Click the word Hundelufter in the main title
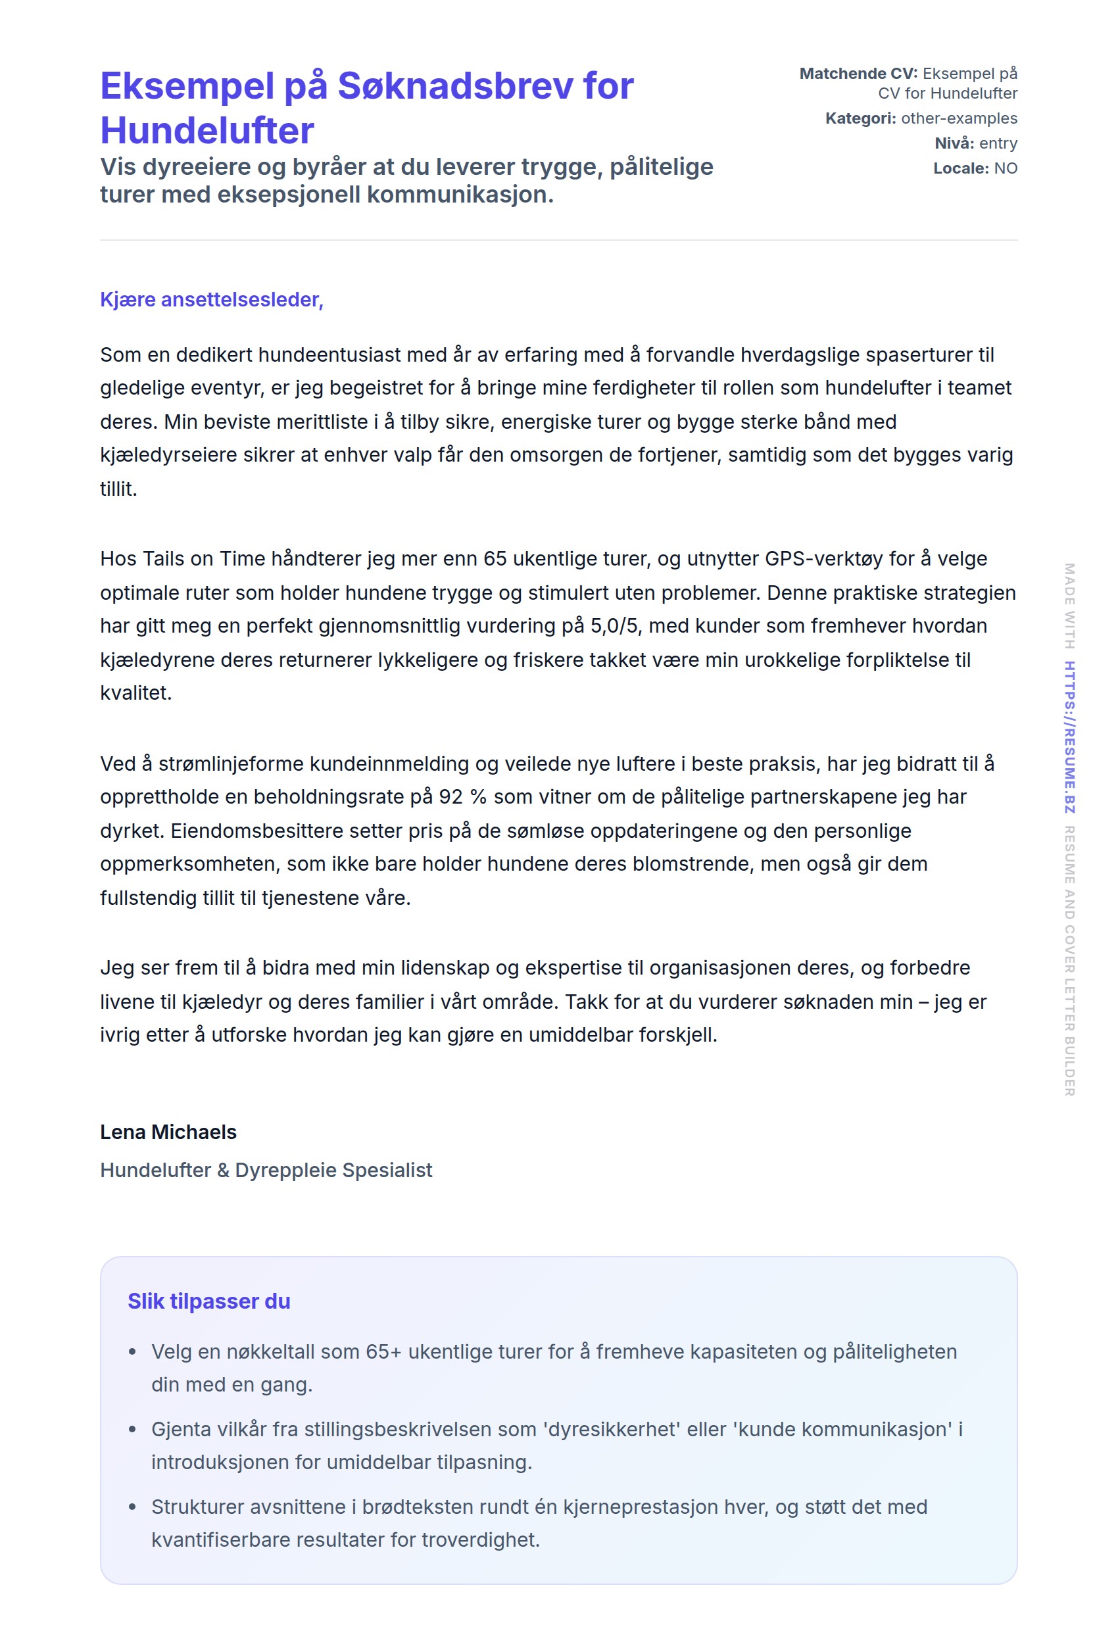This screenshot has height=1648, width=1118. coord(207,131)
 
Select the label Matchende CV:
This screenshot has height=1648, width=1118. coord(858,74)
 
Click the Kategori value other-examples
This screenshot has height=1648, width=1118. coord(958,118)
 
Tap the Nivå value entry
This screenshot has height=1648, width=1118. coord(998,143)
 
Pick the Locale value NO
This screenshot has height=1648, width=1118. coord(1006,169)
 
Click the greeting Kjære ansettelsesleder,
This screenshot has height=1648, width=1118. coord(211,300)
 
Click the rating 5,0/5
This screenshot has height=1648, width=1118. coord(616,626)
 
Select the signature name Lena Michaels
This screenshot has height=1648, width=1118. coord(168,1132)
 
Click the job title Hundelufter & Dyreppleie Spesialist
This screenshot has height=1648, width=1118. coord(266,1171)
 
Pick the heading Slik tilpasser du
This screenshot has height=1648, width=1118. coord(209,1302)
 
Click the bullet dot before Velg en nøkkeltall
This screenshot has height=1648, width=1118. coord(133,1352)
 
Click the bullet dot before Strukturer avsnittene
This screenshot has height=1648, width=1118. coord(133,1507)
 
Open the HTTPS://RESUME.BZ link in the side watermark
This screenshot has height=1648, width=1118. coord(1069,737)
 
